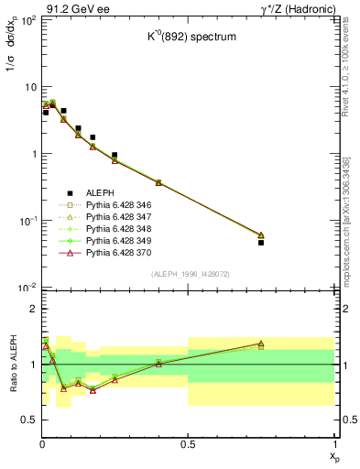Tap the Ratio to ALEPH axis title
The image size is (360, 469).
pyautogui.click(x=13, y=365)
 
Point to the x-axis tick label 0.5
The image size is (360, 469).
pyautogui.click(x=188, y=444)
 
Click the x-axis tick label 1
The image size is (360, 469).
pyautogui.click(x=333, y=444)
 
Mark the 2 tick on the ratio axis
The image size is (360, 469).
pyautogui.click(x=32, y=310)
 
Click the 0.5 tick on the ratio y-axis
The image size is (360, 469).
pyautogui.click(x=28, y=420)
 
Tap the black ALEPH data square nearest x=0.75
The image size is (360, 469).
pyautogui.click(x=261, y=243)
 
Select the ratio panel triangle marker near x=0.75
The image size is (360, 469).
pyautogui.click(x=261, y=344)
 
